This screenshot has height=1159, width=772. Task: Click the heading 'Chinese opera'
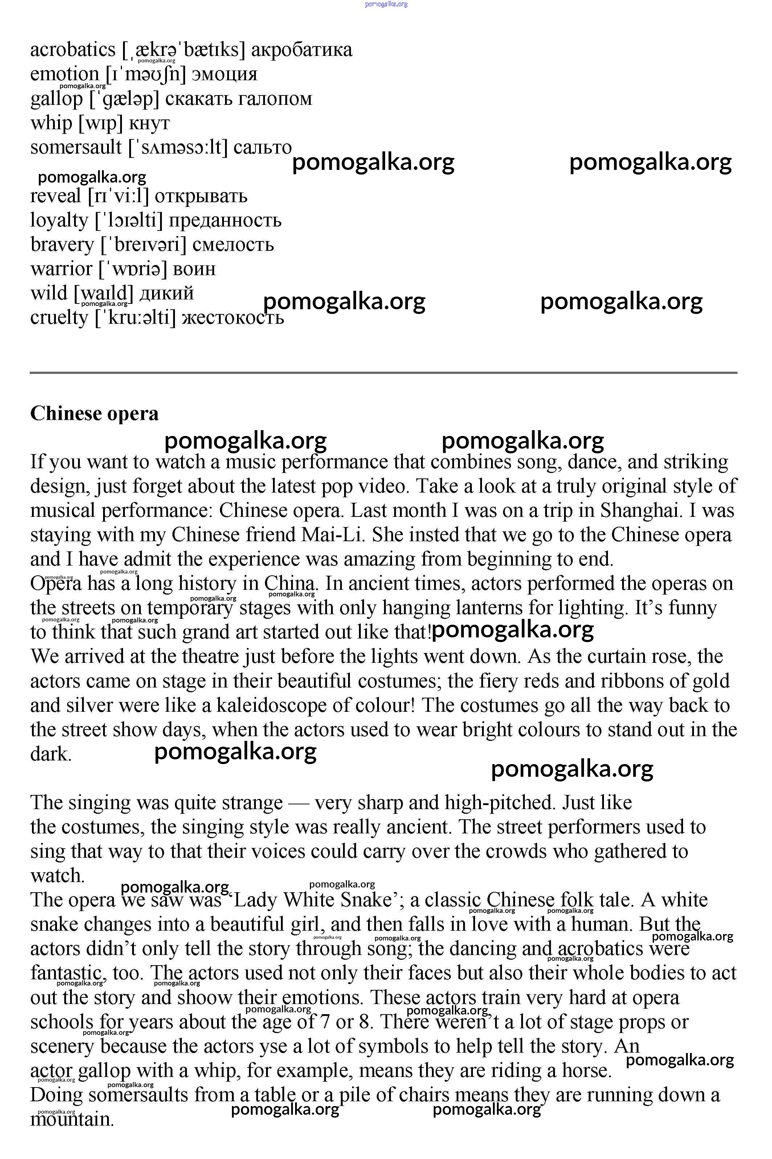click(94, 413)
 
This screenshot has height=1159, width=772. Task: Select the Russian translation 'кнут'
click(149, 123)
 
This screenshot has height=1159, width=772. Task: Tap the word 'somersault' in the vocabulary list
click(76, 147)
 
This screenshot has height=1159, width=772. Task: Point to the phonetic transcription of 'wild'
click(103, 293)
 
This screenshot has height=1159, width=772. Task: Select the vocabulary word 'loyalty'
click(59, 220)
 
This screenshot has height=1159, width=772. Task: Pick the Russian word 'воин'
click(195, 269)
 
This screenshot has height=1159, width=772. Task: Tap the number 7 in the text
click(324, 1022)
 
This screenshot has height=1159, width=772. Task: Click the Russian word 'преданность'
click(225, 220)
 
